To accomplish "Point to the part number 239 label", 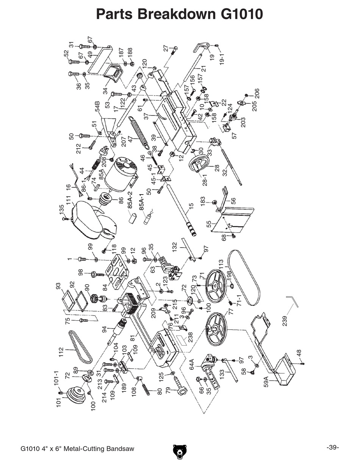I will click(285, 321).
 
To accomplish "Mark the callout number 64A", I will click(191, 364).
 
